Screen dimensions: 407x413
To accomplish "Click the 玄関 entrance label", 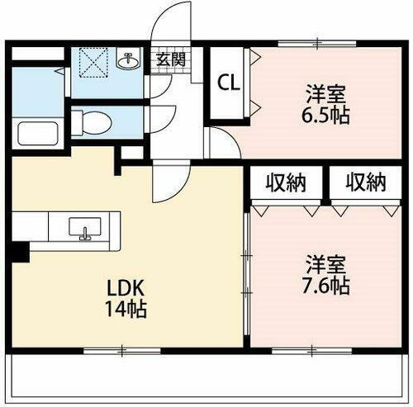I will pyautogui.click(x=172, y=59).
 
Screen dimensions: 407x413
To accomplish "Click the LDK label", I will pyautogui.click(x=127, y=289).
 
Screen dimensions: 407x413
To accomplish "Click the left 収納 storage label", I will pyautogui.click(x=286, y=182).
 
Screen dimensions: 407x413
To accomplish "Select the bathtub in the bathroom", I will pyautogui.click(x=34, y=132).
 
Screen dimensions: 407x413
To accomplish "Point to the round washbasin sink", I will pyautogui.click(x=128, y=62).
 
